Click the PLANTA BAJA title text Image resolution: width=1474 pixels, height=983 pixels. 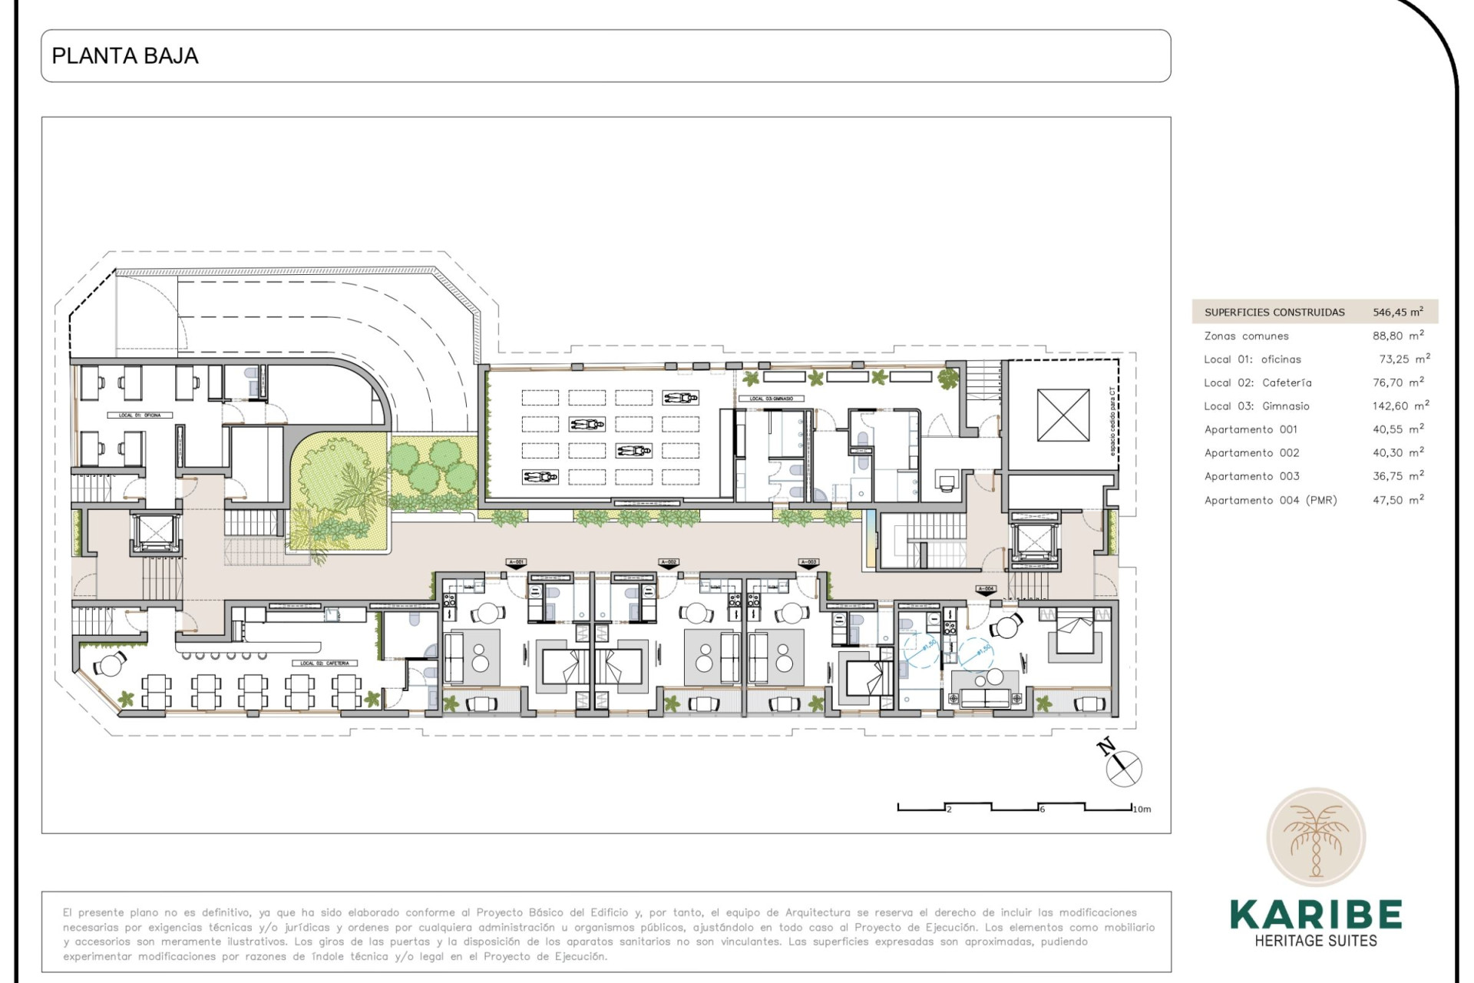click(125, 56)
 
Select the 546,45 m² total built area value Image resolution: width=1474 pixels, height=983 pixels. click(1397, 312)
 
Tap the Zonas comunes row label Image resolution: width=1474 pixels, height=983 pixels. click(1246, 336)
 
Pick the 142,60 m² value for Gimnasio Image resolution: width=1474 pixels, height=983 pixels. click(1400, 406)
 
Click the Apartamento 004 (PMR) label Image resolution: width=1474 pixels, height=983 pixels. click(1270, 501)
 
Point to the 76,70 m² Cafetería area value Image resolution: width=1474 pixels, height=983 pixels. click(1397, 382)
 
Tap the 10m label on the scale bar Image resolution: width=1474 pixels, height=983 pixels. click(1142, 809)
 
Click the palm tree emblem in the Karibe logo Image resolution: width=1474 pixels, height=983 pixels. click(1316, 838)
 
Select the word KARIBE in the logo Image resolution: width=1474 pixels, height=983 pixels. click(1316, 915)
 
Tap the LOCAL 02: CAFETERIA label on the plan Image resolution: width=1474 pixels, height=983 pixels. click(325, 664)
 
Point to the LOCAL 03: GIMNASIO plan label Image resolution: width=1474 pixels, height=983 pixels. click(771, 399)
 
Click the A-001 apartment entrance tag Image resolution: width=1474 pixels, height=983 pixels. click(516, 563)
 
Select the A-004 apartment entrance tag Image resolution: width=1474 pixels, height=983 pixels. click(986, 589)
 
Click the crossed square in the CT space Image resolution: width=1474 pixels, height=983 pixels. click(1063, 415)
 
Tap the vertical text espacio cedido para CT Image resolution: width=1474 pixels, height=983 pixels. click(1112, 421)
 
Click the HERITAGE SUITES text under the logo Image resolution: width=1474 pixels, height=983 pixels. click(1316, 941)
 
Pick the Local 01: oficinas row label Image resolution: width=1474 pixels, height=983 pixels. click(1252, 359)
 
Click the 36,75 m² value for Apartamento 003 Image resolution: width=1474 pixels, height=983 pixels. click(1397, 477)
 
